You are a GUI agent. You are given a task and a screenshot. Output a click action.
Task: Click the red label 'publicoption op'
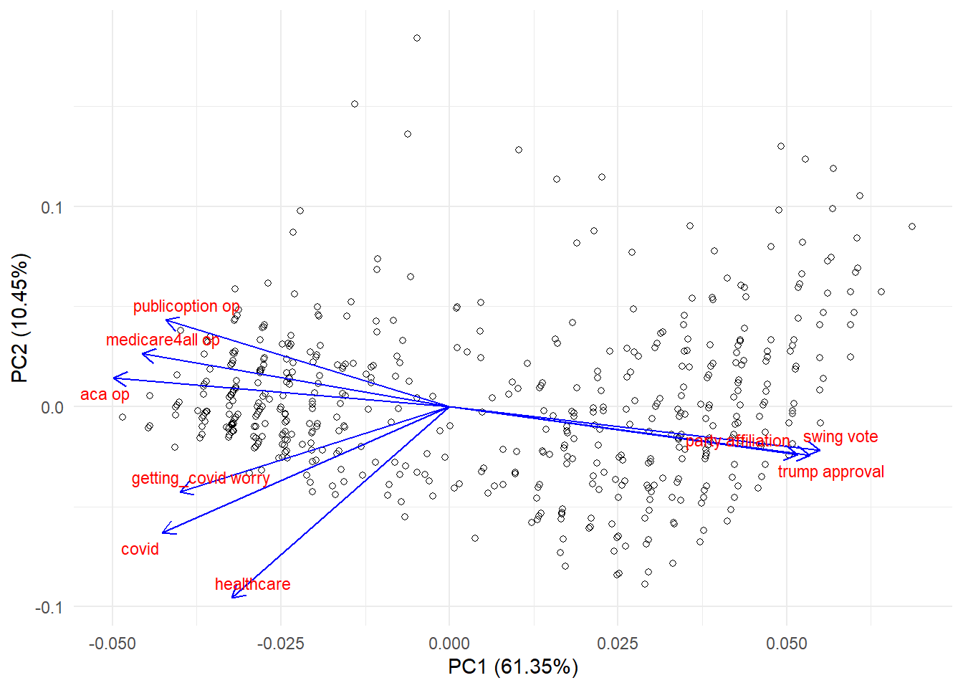186,306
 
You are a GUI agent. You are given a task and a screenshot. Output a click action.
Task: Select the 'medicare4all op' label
163,340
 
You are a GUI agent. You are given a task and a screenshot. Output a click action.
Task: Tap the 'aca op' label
105,394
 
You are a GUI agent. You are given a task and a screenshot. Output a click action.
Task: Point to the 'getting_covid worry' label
201,478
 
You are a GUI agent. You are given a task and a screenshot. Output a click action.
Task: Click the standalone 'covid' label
140,549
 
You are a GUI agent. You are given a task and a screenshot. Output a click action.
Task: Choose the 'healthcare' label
252,584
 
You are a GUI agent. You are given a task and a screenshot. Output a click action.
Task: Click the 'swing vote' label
840,437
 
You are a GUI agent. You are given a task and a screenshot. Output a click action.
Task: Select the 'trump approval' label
830,472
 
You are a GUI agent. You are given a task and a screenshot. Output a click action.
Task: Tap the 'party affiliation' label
737,441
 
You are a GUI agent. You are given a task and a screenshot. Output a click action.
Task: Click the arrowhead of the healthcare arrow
233,596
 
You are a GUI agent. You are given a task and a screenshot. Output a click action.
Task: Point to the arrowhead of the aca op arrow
115,378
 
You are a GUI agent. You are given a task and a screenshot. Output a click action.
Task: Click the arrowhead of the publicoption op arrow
167,320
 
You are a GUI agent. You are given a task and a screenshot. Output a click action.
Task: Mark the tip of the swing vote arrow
819,451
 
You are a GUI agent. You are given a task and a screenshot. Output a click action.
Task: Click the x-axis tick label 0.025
618,644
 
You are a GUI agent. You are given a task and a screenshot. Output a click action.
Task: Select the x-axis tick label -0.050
112,644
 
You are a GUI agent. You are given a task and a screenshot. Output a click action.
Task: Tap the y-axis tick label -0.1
49,607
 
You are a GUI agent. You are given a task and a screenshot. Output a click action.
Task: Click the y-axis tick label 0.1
52,208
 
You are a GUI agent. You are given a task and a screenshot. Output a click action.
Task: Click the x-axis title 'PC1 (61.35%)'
512,667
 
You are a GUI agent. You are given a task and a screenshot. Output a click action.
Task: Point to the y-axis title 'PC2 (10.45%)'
20,317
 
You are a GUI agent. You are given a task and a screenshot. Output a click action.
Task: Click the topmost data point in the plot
417,38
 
